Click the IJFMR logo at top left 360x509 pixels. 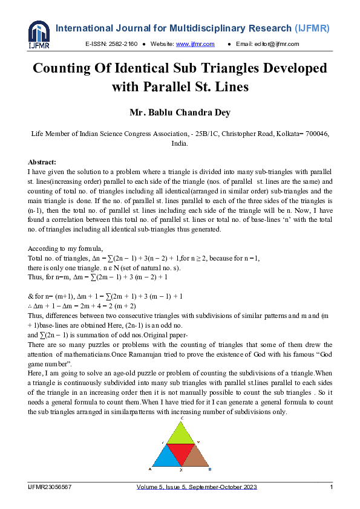tap(39, 36)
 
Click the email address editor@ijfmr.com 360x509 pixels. tap(276, 44)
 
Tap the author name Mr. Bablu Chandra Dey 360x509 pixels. tap(180, 112)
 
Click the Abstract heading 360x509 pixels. tap(42, 162)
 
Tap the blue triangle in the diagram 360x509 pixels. tap(165, 458)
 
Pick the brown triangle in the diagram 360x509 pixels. tap(195, 458)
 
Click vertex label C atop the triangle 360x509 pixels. tap(182, 418)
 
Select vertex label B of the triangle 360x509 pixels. tap(209, 469)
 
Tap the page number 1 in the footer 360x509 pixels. tap(331, 487)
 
